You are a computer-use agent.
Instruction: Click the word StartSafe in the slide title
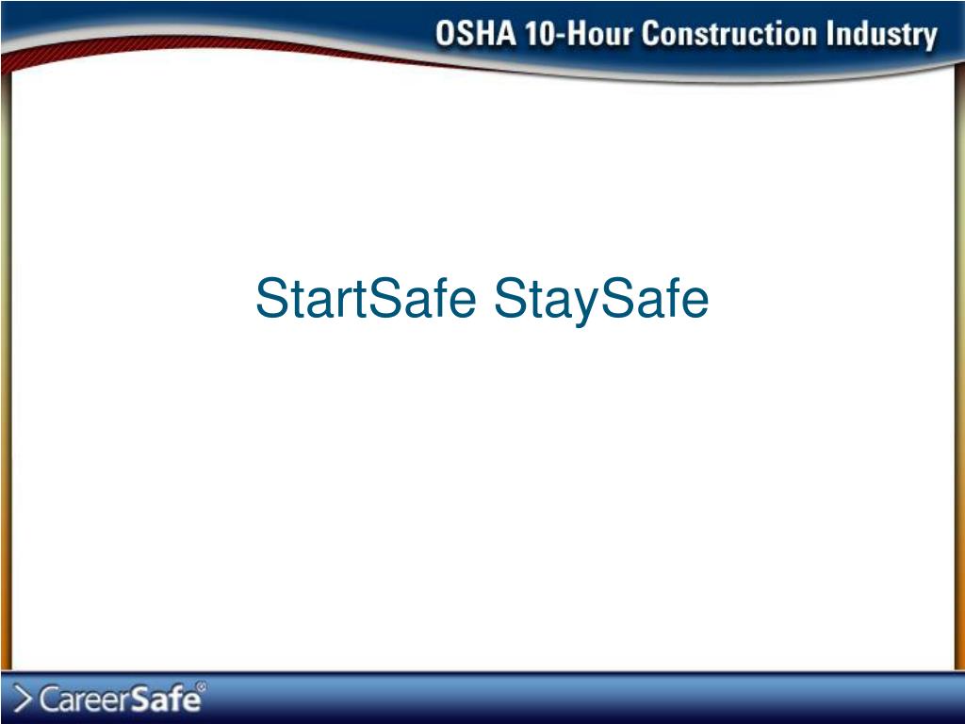point(366,299)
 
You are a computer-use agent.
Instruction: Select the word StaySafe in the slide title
point(600,299)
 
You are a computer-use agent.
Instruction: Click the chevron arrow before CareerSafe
point(25,699)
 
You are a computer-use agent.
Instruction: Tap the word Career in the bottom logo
point(86,699)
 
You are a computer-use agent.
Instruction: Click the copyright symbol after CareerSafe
point(200,686)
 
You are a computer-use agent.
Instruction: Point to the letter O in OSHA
point(446,36)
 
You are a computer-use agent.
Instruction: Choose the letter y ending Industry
point(927,40)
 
